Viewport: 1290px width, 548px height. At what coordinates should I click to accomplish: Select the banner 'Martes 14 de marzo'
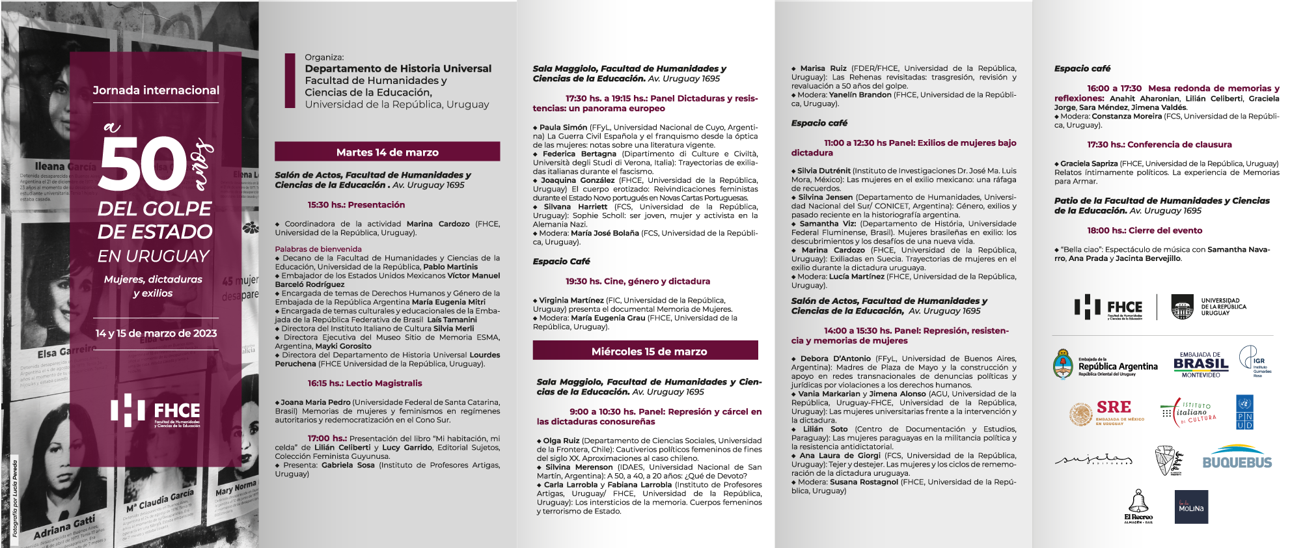coord(387,152)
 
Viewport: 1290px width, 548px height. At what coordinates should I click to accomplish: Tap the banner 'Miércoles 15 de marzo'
coord(649,351)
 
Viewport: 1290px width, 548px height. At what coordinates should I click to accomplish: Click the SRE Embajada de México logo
coord(1106,413)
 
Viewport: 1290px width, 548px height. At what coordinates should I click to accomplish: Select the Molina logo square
coord(1192,507)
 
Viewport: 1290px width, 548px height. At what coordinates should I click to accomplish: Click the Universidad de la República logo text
coord(1224,307)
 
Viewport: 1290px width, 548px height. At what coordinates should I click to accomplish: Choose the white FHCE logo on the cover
coord(156,411)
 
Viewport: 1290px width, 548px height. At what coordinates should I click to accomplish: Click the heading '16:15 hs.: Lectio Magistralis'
coord(364,383)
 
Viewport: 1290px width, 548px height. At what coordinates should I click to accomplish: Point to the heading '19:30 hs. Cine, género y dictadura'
coord(637,281)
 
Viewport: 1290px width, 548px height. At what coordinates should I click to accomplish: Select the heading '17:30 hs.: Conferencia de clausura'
coord(1159,144)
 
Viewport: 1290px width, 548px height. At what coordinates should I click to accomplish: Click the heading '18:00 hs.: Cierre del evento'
coord(1144,230)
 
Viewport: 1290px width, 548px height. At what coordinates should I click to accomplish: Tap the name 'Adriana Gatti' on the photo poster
coord(64,527)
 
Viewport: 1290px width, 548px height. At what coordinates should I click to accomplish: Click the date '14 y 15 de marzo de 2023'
coord(156,333)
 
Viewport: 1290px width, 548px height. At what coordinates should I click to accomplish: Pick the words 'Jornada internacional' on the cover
coord(156,90)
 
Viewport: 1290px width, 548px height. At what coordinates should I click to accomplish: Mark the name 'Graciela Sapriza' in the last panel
coord(1089,164)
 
